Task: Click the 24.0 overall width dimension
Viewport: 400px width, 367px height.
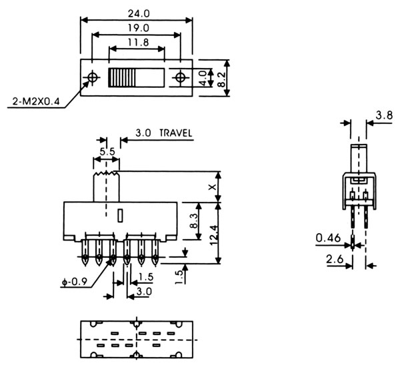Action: (135, 11)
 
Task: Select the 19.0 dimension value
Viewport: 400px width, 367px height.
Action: (135, 28)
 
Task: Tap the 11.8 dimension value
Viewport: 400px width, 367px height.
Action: (135, 44)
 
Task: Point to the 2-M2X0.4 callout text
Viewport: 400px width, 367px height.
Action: (36, 102)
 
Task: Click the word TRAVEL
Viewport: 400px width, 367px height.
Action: (175, 133)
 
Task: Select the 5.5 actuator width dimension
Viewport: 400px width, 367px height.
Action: (107, 153)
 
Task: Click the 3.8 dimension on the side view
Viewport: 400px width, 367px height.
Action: (383, 115)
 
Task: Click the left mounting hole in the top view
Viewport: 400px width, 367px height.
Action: (91, 78)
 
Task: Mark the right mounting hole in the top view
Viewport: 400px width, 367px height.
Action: (180, 78)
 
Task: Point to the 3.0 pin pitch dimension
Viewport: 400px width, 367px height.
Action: (143, 291)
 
